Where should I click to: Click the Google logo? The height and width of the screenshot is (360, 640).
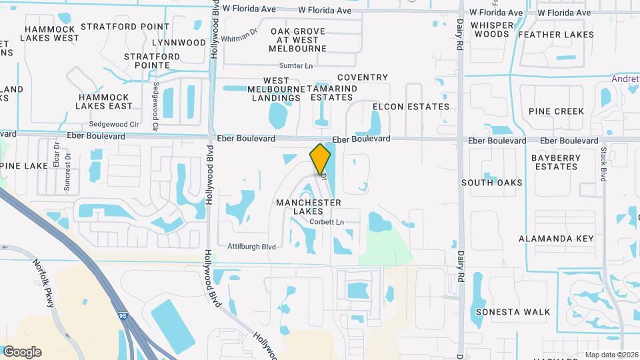tap(22, 352)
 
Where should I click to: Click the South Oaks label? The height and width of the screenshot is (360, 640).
tap(491, 183)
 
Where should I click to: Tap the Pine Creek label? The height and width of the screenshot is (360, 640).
tap(556, 111)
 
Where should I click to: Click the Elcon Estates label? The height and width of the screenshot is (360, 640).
tap(411, 107)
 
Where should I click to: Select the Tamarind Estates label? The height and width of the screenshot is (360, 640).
tap(331, 93)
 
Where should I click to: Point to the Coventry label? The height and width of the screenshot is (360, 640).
tap(362, 78)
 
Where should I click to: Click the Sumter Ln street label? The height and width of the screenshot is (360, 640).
tap(296, 66)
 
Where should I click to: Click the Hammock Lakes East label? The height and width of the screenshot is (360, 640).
tap(103, 101)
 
